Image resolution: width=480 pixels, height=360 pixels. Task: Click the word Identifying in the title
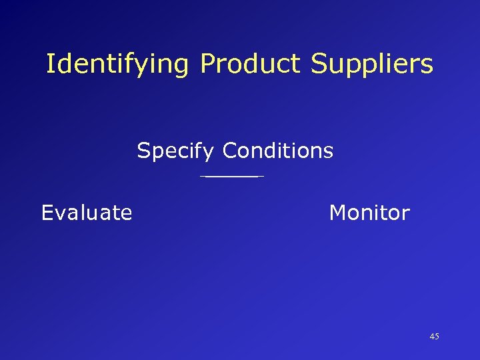pos(119,65)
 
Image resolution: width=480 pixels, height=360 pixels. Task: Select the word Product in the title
pos(248,64)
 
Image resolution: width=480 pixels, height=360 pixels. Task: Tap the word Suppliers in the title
pos(372,65)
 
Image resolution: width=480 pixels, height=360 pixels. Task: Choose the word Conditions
pos(278,151)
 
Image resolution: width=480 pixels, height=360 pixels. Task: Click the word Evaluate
pos(87,213)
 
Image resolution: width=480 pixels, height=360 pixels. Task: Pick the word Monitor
pos(369,213)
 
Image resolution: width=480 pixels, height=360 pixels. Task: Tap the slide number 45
pos(435,337)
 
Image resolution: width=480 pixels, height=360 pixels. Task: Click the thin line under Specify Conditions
pos(231,177)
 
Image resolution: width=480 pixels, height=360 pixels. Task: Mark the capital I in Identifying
pos(50,64)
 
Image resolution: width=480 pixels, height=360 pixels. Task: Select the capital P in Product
pos(207,64)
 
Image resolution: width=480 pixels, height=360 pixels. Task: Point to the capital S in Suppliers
pos(317,64)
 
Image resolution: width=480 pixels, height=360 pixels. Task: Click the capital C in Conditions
pos(231,151)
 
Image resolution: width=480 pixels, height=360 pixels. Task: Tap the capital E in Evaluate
pos(47,213)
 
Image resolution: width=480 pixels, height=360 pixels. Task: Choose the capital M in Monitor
pos(338,213)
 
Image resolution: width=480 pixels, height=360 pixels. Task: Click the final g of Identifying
pos(182,67)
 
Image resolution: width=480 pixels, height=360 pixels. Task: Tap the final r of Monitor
pos(406,214)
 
